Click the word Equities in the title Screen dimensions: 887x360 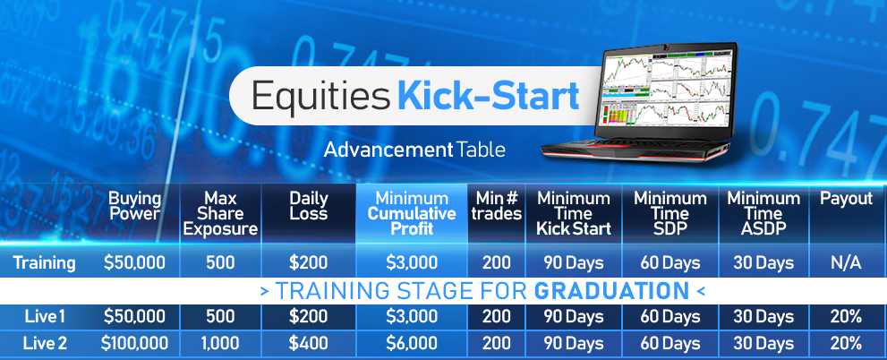click(320, 96)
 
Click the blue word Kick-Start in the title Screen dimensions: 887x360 click(488, 96)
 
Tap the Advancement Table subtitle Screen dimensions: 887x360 click(414, 150)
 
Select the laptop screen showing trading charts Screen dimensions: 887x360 click(667, 91)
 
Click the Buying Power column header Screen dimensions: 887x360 click(134, 207)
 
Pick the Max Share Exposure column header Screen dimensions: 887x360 click(220, 214)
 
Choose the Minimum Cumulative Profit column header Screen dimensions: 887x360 click(412, 214)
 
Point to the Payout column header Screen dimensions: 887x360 click(847, 199)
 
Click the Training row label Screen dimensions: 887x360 click(44, 263)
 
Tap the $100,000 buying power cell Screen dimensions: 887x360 click(134, 343)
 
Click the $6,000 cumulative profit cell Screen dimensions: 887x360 click(412, 343)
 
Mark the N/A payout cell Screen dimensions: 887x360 click(847, 263)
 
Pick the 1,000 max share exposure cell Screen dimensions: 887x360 click(220, 343)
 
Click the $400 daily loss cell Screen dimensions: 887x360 click(308, 343)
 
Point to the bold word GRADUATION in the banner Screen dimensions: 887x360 click(612, 291)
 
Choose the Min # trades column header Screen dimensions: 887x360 click(497, 207)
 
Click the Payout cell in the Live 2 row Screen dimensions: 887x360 click(847, 343)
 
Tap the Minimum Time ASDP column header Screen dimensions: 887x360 click(763, 214)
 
